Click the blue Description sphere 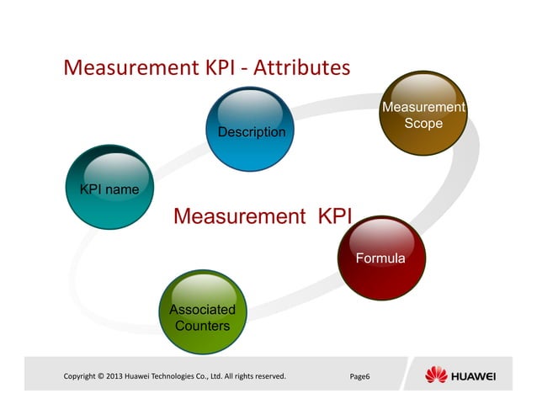pyautogui.click(x=252, y=128)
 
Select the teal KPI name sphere pyautogui.click(x=109, y=187)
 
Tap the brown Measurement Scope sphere pyautogui.click(x=423, y=114)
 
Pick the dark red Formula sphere pyautogui.click(x=381, y=257)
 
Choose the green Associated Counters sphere pyautogui.click(x=202, y=312)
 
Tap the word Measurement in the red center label pyautogui.click(x=239, y=217)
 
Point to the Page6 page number pyautogui.click(x=359, y=375)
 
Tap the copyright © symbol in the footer pyautogui.click(x=100, y=375)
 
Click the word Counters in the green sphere pyautogui.click(x=202, y=325)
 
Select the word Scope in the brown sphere pyautogui.click(x=423, y=123)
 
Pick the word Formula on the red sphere pyautogui.click(x=380, y=258)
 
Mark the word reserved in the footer pyautogui.click(x=266, y=375)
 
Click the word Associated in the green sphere pyautogui.click(x=202, y=309)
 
